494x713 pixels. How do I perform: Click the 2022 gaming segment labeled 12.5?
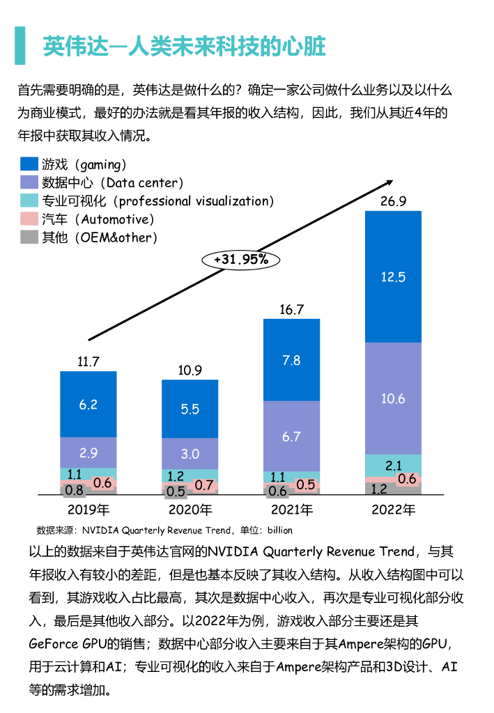[393, 276]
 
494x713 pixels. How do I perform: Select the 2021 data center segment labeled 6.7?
[291, 437]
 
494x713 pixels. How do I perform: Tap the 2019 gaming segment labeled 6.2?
[88, 405]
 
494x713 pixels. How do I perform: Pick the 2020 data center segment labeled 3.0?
[190, 453]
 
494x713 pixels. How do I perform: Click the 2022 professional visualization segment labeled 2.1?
[393, 465]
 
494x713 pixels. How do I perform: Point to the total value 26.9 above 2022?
[393, 201]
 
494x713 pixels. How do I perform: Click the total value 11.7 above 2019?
[88, 361]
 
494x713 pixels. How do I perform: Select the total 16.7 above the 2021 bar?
[291, 309]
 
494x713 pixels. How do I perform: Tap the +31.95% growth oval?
[240, 259]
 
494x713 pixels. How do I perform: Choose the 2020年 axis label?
[190, 510]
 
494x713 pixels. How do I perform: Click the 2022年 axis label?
[393, 510]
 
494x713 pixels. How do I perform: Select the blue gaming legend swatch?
[29, 164]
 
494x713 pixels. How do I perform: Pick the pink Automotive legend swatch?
[29, 219]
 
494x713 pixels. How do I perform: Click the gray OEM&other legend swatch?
[29, 237]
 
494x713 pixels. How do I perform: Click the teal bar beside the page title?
[20, 45]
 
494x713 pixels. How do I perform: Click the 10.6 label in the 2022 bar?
[393, 399]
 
